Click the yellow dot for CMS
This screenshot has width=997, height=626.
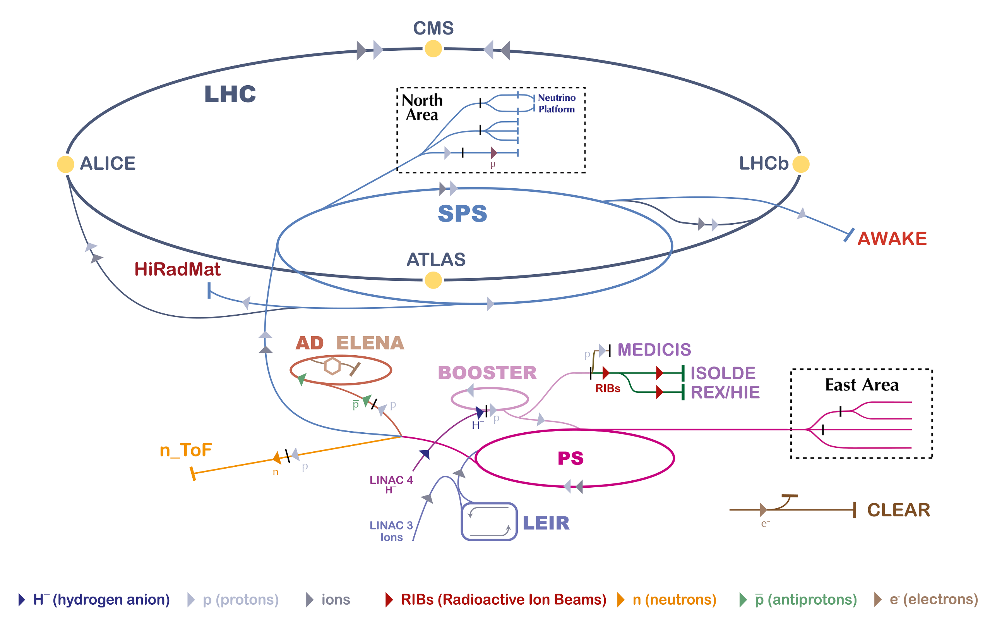tap(433, 49)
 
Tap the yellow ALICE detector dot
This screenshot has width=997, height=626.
tap(65, 164)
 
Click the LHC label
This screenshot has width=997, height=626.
tap(230, 94)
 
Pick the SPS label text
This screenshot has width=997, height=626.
tap(463, 213)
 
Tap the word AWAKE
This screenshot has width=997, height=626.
tap(892, 239)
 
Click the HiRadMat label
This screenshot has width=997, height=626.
tap(177, 270)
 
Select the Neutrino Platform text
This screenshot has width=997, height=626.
tap(556, 103)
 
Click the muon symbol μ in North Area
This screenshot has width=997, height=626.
tap(493, 164)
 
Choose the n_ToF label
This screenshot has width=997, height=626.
tap(186, 450)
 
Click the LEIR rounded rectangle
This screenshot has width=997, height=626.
tap(489, 522)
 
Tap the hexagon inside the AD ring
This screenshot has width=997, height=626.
tap(332, 366)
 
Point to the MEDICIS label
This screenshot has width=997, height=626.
tap(654, 350)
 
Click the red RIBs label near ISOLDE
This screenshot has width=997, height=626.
tap(608, 389)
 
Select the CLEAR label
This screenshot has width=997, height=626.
tap(898, 510)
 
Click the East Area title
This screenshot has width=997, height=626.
tap(862, 385)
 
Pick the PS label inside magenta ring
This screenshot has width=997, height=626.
tap(570, 458)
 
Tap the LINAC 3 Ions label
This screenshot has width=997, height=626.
tap(391, 531)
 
